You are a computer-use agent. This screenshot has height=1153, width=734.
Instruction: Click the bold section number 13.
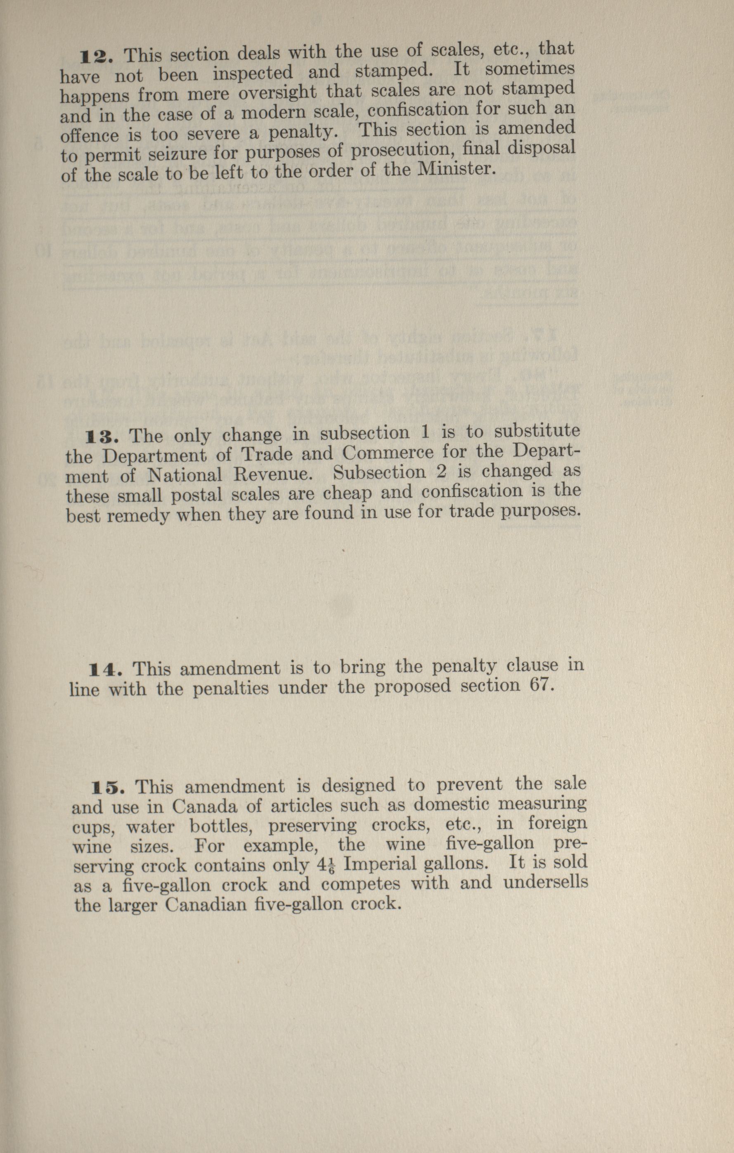click(x=102, y=437)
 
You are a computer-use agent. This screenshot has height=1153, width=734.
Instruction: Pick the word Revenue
click(x=273, y=474)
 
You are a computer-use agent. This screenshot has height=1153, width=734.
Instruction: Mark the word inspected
click(x=252, y=73)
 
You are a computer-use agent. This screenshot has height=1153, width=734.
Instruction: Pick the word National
click(x=185, y=475)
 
